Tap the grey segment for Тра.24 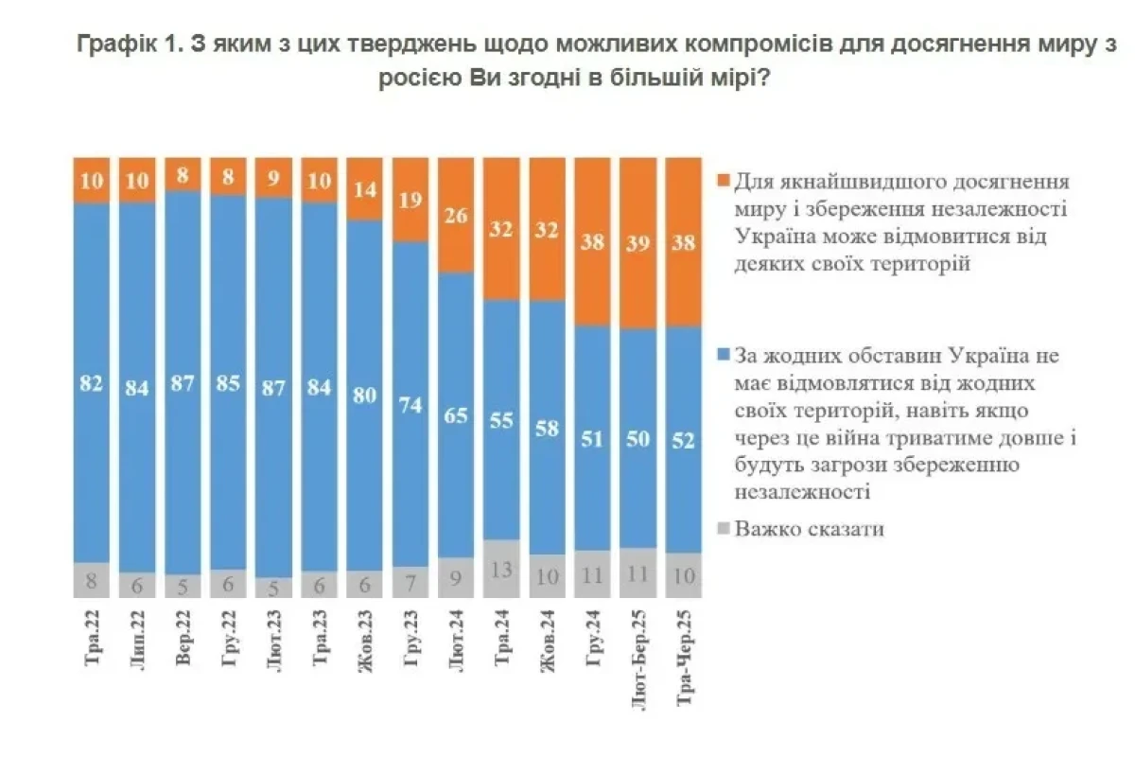[501, 568]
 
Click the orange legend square [723, 180]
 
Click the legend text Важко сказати [809, 529]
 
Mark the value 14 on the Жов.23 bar [365, 188]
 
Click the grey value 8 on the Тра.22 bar [93, 581]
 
